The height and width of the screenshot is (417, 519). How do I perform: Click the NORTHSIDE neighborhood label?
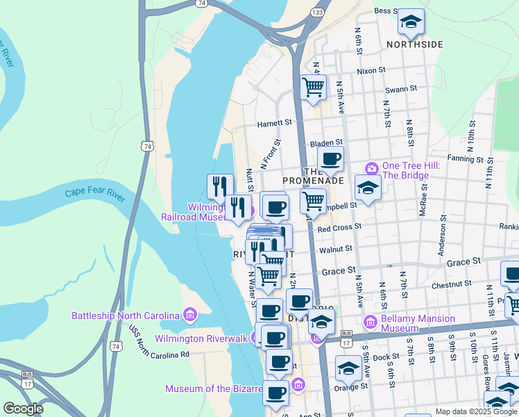point(414,44)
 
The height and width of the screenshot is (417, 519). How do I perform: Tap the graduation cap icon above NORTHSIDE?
point(411,22)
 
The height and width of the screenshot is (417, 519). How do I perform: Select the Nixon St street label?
point(371,71)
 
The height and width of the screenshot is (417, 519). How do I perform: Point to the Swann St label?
point(400,89)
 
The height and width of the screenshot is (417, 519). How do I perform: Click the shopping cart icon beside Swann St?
point(314,87)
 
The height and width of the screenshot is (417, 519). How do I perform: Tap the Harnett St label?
point(275,122)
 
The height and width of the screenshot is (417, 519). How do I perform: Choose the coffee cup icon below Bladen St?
point(330,159)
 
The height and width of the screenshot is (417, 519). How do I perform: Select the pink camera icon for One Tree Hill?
point(371,168)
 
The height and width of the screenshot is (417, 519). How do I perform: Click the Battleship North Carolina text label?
point(126,316)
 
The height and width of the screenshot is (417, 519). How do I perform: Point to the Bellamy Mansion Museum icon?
point(371,321)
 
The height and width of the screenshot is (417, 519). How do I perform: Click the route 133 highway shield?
point(317,13)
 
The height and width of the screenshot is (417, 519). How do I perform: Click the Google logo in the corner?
point(23,409)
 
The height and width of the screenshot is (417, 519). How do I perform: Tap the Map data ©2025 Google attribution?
point(475,411)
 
